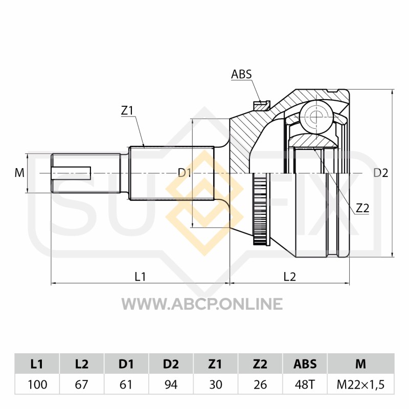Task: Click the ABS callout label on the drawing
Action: (x=241, y=74)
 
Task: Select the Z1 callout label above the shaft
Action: (x=127, y=111)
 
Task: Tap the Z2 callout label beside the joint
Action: (x=362, y=208)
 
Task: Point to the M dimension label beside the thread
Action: (x=19, y=173)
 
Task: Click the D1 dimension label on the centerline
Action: (x=185, y=173)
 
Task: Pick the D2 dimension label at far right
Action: (x=380, y=173)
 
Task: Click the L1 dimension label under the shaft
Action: (x=140, y=277)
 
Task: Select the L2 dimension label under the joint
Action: (x=289, y=277)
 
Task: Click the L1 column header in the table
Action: (x=37, y=364)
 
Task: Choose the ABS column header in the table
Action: (x=305, y=364)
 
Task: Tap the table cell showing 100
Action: (x=37, y=384)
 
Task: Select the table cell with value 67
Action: (x=82, y=384)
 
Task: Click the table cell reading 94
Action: (x=171, y=384)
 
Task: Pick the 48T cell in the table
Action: (x=305, y=384)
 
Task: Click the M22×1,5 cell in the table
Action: (x=361, y=384)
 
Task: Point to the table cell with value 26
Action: (x=260, y=384)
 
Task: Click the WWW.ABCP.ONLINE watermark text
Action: (x=202, y=304)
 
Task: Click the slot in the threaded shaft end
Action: (x=71, y=173)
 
